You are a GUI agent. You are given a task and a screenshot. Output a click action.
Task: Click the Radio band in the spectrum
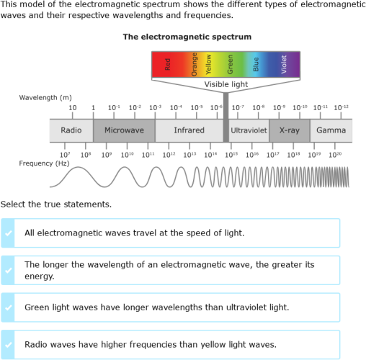(x=71, y=130)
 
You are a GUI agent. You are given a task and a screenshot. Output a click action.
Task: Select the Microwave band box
(x=124, y=130)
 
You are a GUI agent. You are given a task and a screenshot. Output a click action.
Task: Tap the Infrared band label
(x=189, y=130)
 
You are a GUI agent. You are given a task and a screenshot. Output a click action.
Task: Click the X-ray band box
(x=289, y=130)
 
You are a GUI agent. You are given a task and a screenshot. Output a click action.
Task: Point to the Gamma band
(x=331, y=130)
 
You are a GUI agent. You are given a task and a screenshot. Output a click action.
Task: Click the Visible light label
(x=226, y=84)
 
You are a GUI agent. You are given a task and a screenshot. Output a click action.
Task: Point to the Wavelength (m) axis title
(x=45, y=97)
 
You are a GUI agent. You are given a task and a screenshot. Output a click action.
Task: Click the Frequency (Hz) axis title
(x=44, y=163)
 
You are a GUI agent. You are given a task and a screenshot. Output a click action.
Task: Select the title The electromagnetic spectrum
(x=187, y=36)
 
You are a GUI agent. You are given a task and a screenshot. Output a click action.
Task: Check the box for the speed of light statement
(x=8, y=233)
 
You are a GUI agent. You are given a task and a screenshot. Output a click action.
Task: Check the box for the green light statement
(x=8, y=307)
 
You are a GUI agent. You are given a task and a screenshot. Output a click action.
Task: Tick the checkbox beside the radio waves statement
(x=8, y=344)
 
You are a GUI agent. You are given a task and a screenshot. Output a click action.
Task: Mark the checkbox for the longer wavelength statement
(x=8, y=270)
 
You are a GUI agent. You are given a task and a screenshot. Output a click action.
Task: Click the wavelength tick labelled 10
(x=72, y=107)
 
